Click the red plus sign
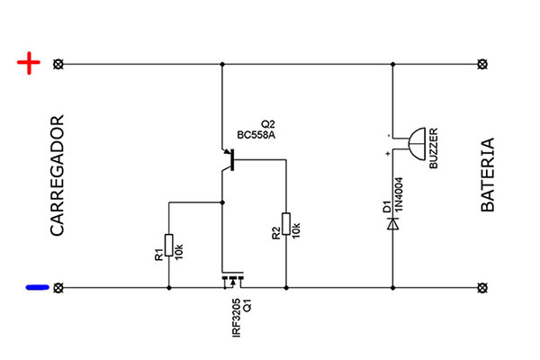tap(29, 63)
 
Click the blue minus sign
tap(38, 287)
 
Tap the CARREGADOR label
tap(58, 175)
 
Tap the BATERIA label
tap(487, 175)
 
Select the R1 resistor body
tap(169, 245)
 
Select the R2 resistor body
tap(286, 224)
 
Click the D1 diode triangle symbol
tap(392, 224)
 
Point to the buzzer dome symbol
tap(417, 144)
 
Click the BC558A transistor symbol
tap(228, 159)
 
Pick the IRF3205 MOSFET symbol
tap(233, 280)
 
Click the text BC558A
tap(256, 135)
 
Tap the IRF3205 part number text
tap(236, 318)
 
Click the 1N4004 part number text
tap(399, 194)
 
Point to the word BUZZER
tap(434, 148)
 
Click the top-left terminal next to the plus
tap(58, 64)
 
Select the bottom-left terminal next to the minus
tap(58, 287)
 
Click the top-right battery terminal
tap(482, 64)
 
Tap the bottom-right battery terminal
tap(482, 287)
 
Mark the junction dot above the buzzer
tap(392, 64)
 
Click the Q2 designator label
tap(268, 124)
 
